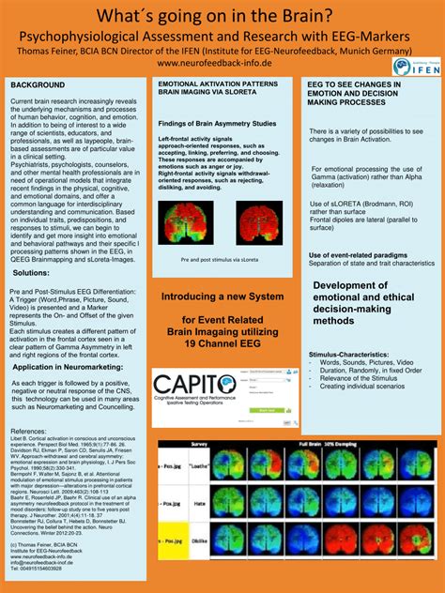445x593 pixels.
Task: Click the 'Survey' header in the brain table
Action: (x=198, y=443)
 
